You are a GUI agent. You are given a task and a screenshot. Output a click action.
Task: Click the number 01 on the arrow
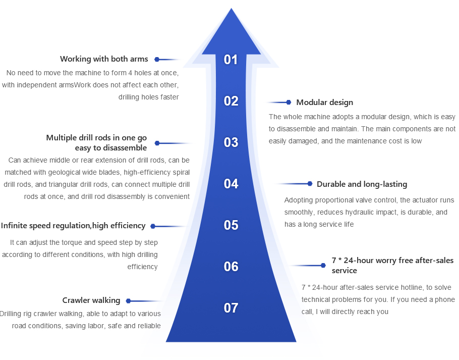(x=231, y=60)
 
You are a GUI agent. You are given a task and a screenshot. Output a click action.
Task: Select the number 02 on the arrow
(x=231, y=101)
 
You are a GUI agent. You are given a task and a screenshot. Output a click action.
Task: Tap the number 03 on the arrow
(x=231, y=142)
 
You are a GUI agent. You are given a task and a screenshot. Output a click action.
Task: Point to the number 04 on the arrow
(x=231, y=184)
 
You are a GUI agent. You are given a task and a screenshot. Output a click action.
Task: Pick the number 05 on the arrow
(x=231, y=225)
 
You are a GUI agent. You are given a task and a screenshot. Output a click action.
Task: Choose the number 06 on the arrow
(x=231, y=267)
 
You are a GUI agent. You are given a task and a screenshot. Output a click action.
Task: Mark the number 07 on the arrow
(x=231, y=308)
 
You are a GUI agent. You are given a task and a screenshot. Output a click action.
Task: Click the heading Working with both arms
(x=104, y=59)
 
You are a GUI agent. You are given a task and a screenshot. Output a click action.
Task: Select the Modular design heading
(x=324, y=102)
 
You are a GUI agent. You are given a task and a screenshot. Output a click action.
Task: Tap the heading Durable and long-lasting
(x=362, y=184)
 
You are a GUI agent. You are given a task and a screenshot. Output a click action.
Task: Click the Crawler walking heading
(x=91, y=300)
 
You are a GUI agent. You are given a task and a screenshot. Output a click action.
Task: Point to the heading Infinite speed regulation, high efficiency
(x=73, y=226)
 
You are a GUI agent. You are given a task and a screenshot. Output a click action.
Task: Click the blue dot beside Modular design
(x=289, y=102)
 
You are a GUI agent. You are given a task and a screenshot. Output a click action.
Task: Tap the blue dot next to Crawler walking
(x=128, y=301)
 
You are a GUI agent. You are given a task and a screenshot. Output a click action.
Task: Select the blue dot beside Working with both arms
(x=157, y=60)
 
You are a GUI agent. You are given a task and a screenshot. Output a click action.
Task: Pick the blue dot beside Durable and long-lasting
(x=310, y=184)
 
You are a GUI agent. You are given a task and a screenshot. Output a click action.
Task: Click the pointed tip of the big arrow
(x=232, y=10)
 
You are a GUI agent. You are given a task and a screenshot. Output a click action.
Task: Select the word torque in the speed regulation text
(x=68, y=242)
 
